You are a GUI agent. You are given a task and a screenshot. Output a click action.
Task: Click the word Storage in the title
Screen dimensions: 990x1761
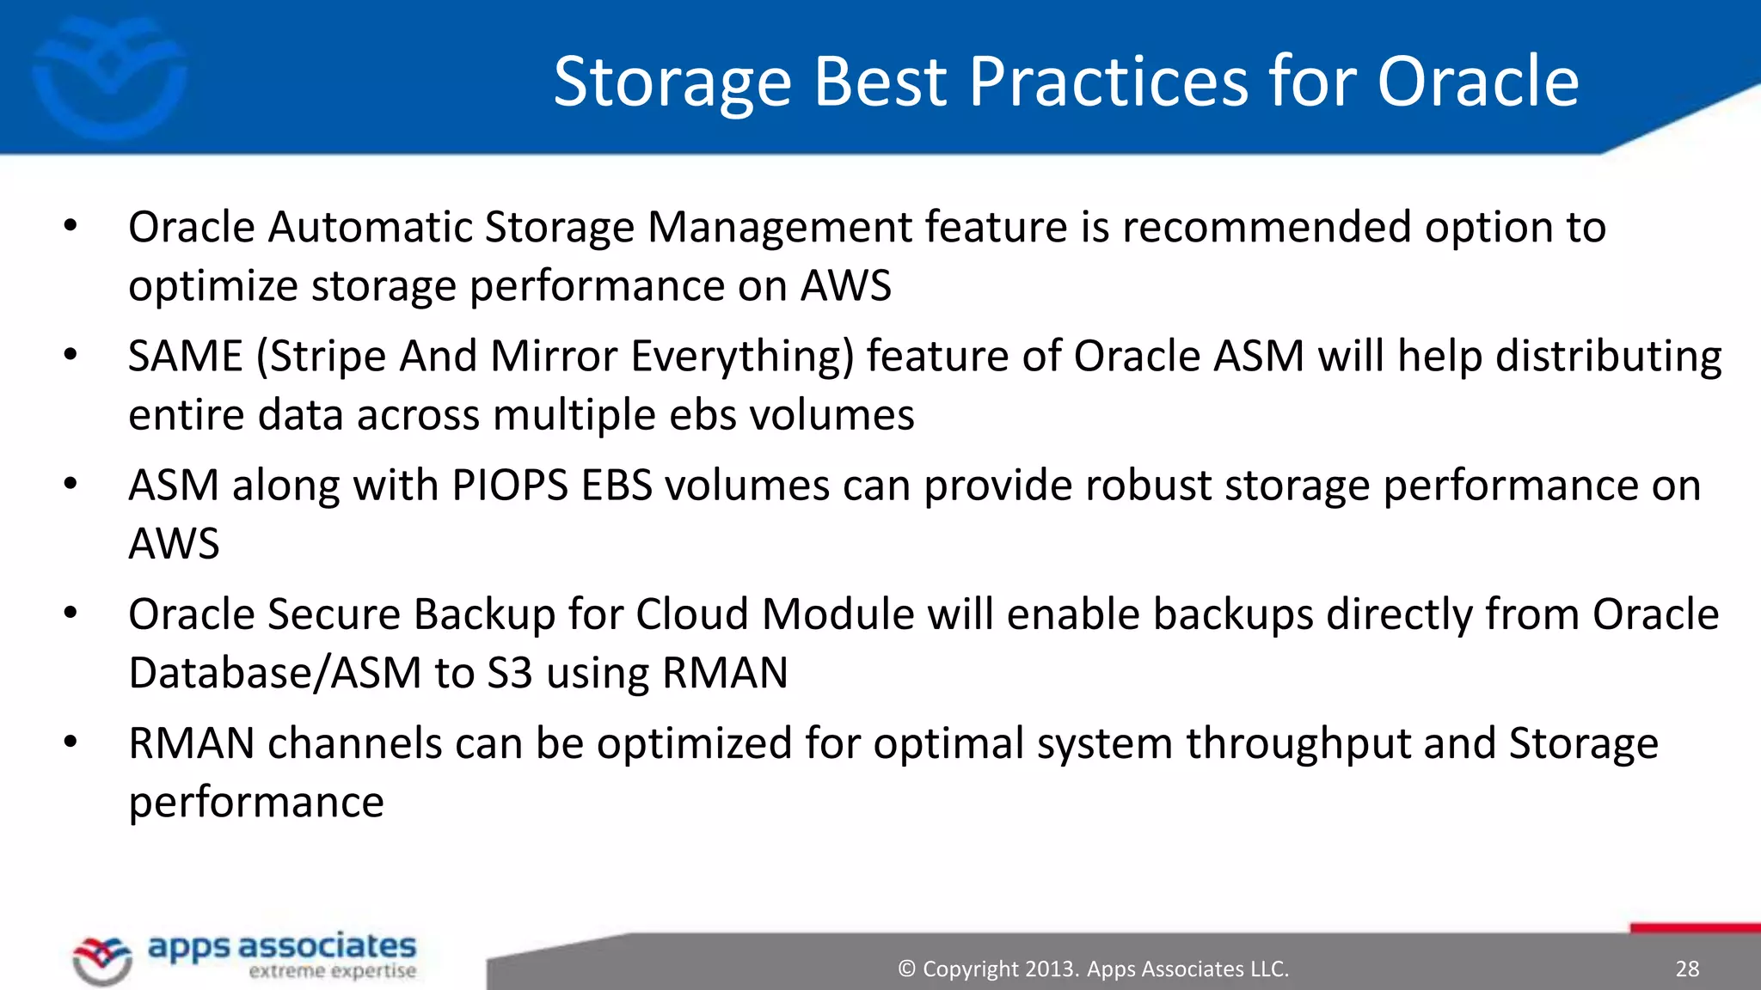point(672,82)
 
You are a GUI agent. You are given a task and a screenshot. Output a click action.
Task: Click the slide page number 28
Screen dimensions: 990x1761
point(1687,969)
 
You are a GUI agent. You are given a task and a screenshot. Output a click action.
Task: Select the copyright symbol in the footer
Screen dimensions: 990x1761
point(906,969)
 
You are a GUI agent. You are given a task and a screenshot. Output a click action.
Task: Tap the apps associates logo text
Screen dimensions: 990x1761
point(282,946)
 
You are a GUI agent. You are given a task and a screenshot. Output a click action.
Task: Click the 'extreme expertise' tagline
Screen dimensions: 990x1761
point(333,972)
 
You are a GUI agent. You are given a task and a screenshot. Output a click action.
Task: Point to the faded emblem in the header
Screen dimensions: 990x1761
point(109,77)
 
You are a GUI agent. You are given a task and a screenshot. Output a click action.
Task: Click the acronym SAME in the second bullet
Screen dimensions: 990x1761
point(186,357)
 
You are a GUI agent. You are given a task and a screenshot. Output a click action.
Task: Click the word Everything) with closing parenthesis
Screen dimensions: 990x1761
point(743,357)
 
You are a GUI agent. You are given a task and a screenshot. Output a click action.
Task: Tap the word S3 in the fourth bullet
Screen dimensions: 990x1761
point(510,673)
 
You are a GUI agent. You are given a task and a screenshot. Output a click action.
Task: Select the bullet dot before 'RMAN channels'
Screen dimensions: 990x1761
point(71,742)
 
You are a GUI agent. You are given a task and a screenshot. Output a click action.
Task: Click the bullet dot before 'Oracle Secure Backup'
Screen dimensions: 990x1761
point(71,613)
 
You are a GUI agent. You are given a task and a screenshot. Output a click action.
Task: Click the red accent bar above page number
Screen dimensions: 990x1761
point(1694,928)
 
